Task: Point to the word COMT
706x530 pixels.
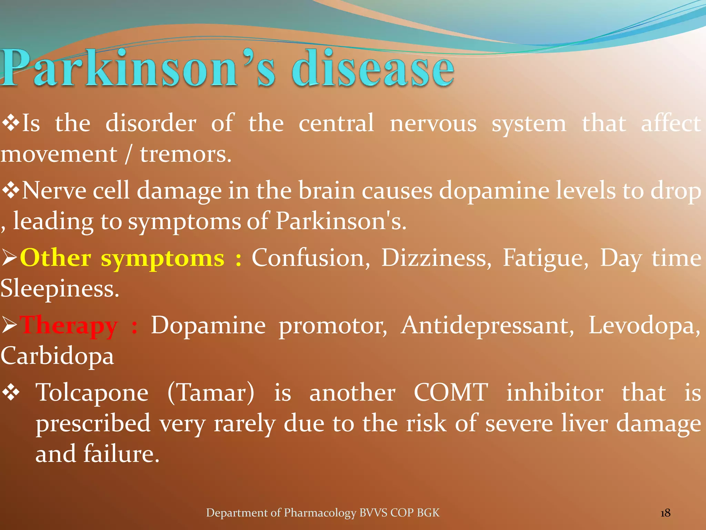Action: (x=451, y=393)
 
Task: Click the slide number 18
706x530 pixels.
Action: (x=665, y=513)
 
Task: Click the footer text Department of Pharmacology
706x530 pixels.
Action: (x=281, y=513)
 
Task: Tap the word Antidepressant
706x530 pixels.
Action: (x=487, y=326)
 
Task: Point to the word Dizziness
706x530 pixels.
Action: (x=436, y=258)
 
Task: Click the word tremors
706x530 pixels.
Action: (x=185, y=154)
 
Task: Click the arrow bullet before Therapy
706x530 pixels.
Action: (x=9, y=326)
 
